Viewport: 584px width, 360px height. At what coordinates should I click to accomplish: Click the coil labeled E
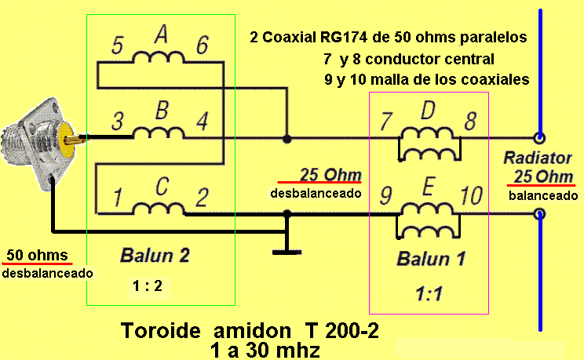[429, 217]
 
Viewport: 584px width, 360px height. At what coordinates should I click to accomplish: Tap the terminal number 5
[117, 45]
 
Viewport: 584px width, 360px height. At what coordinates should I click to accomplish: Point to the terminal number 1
[118, 196]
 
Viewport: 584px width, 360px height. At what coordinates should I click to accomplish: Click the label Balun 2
[155, 255]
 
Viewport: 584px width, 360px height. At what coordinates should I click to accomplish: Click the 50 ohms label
[37, 256]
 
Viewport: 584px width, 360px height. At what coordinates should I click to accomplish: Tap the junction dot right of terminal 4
[287, 139]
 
